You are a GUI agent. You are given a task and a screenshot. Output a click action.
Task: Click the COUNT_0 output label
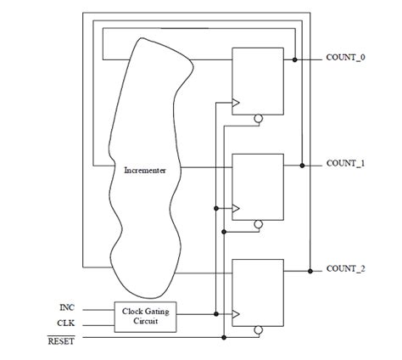345,58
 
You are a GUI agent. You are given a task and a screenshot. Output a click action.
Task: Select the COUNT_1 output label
345,163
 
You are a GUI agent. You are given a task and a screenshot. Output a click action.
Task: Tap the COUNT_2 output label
345,268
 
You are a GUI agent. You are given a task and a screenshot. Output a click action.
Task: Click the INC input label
67,307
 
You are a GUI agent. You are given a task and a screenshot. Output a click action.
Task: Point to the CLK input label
66,323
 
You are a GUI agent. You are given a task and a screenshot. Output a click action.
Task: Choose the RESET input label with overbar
61,340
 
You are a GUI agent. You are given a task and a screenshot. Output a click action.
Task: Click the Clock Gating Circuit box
145,317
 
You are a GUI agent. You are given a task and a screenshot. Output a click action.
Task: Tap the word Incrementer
145,171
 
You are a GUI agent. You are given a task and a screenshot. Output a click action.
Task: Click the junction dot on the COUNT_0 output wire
295,59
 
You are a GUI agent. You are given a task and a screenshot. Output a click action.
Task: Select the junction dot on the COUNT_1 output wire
302,166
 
